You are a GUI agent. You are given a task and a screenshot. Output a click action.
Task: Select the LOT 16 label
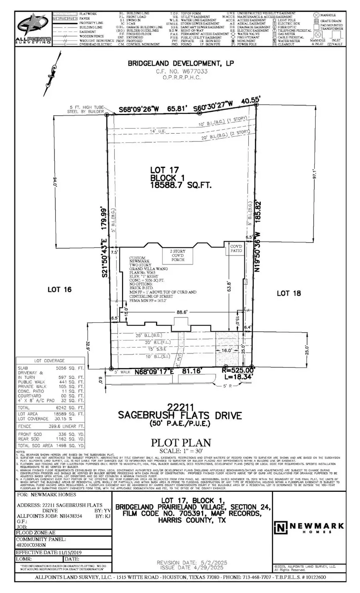coord(59,289)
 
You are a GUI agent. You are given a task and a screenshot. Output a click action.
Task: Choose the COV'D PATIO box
coord(236,248)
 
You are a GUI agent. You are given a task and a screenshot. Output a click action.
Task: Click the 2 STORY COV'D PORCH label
coord(178,255)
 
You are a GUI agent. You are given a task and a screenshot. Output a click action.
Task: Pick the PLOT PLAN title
coord(180,443)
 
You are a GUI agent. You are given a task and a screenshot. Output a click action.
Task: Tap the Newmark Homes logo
coord(309,527)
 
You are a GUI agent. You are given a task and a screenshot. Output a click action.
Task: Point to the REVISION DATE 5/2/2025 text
coord(192,563)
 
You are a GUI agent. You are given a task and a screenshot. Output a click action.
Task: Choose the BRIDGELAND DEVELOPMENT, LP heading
coord(180,64)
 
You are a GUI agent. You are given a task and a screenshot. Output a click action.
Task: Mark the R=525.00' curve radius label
coord(238,370)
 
